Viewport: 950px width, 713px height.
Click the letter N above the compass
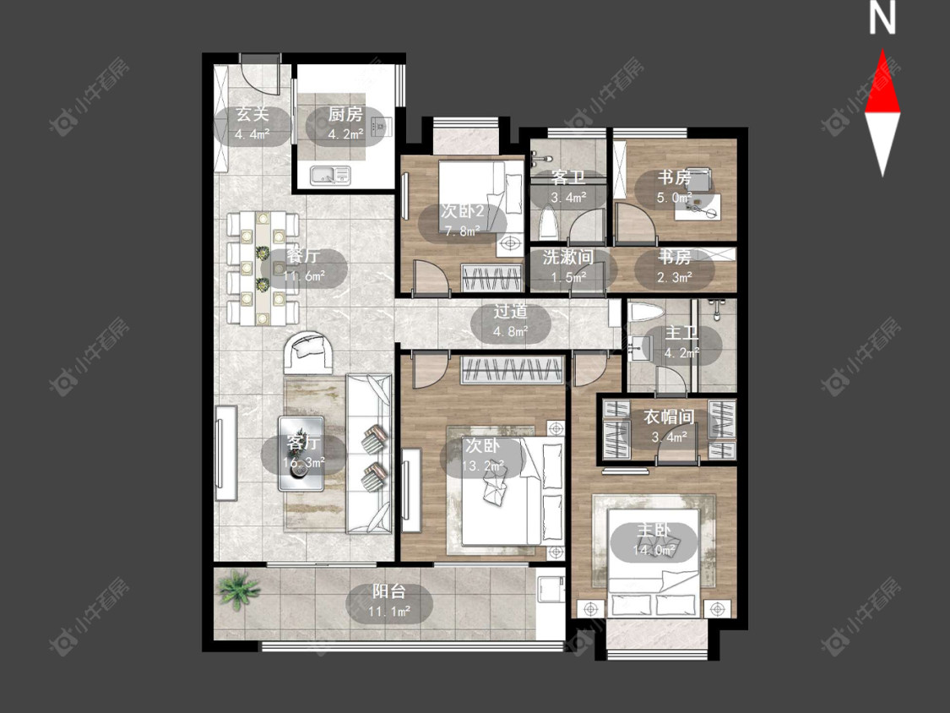882,19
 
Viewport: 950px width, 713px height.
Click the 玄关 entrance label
252,114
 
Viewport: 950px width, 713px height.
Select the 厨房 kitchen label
345,114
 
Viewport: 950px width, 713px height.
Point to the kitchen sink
331,176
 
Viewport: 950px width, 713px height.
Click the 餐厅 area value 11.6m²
304,276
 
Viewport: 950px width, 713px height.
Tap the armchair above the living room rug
309,353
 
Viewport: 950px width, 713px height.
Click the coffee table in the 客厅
301,453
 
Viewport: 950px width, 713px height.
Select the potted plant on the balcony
238,587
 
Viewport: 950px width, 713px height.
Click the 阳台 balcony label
389,591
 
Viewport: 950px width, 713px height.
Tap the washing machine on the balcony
551,589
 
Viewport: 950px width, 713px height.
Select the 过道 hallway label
510,312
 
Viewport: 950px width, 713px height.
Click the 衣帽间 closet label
668,417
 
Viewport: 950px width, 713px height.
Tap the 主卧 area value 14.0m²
654,551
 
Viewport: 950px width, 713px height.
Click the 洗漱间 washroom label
567,257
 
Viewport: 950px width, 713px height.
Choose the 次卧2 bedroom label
462,211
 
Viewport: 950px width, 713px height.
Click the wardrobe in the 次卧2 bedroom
491,278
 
